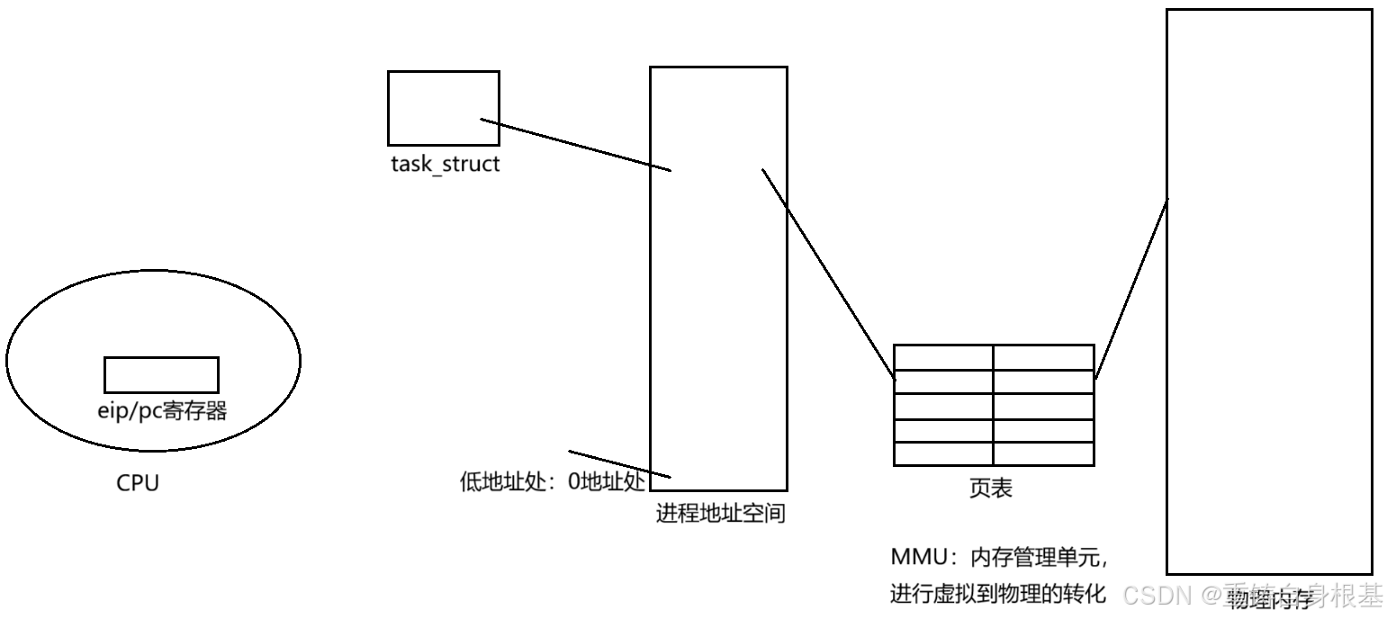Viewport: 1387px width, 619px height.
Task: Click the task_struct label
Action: [445, 165]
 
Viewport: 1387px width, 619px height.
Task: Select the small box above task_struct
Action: [443, 108]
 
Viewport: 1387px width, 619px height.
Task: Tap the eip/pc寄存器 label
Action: [162, 411]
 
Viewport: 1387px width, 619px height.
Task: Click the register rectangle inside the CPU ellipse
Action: [161, 374]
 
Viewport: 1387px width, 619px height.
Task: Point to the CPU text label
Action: [138, 483]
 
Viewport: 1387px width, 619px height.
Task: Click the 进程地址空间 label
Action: [720, 514]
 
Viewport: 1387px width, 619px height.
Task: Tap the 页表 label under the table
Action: [991, 488]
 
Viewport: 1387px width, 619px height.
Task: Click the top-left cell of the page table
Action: [943, 356]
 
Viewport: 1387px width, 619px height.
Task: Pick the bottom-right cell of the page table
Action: [1043, 453]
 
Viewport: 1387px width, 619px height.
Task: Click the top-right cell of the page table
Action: [1043, 356]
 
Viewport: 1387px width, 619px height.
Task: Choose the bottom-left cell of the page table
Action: [943, 453]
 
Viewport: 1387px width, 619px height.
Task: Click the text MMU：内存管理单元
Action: [999, 557]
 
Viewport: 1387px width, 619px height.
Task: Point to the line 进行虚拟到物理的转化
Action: [997, 594]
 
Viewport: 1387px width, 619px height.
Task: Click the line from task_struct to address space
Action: [576, 144]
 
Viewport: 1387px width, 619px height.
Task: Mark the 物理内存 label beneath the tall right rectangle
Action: [1269, 597]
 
